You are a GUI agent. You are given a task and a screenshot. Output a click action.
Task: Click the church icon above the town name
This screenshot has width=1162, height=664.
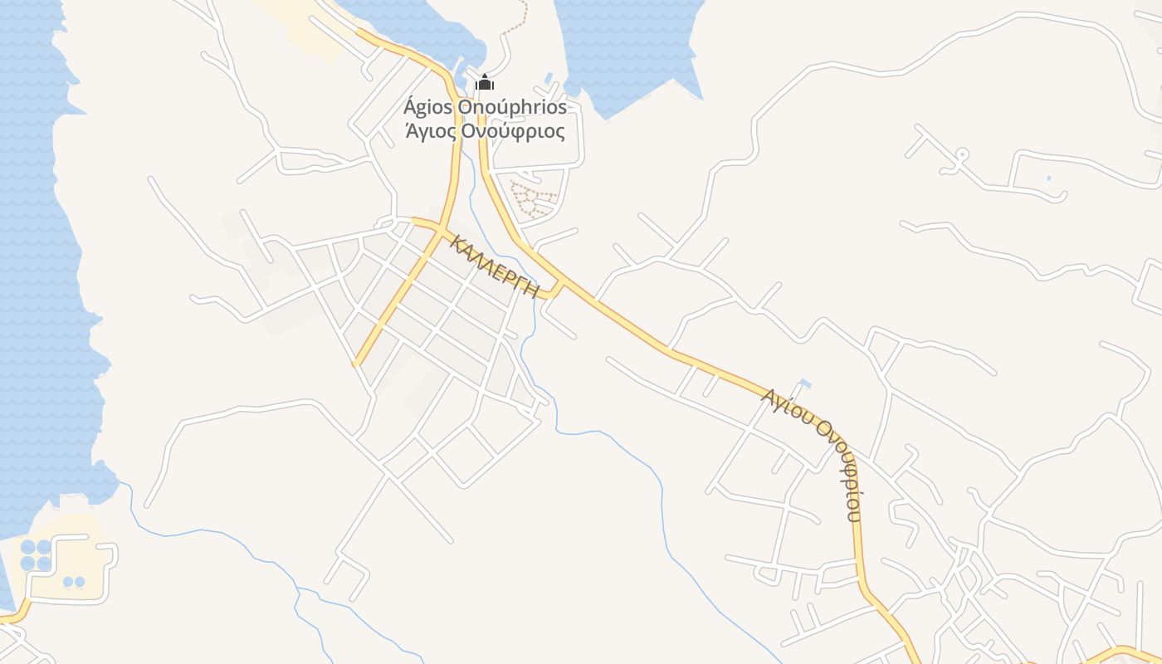[x=485, y=82]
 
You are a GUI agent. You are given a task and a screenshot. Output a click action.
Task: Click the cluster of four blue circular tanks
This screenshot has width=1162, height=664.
[x=36, y=555]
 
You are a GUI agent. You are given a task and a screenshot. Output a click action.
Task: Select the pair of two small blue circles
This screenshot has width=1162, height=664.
[x=74, y=582]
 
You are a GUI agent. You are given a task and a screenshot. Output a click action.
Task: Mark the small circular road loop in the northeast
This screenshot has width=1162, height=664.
[x=962, y=154]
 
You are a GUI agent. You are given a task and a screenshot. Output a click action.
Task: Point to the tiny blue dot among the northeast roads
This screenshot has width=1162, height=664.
[x=1048, y=178]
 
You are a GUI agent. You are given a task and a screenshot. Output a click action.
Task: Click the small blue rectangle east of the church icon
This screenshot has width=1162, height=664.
[x=549, y=79]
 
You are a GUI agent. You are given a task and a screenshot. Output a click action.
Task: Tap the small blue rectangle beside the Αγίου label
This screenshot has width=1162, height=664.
[x=804, y=383]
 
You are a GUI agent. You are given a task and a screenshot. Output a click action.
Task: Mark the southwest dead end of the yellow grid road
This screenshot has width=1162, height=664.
[x=356, y=363]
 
